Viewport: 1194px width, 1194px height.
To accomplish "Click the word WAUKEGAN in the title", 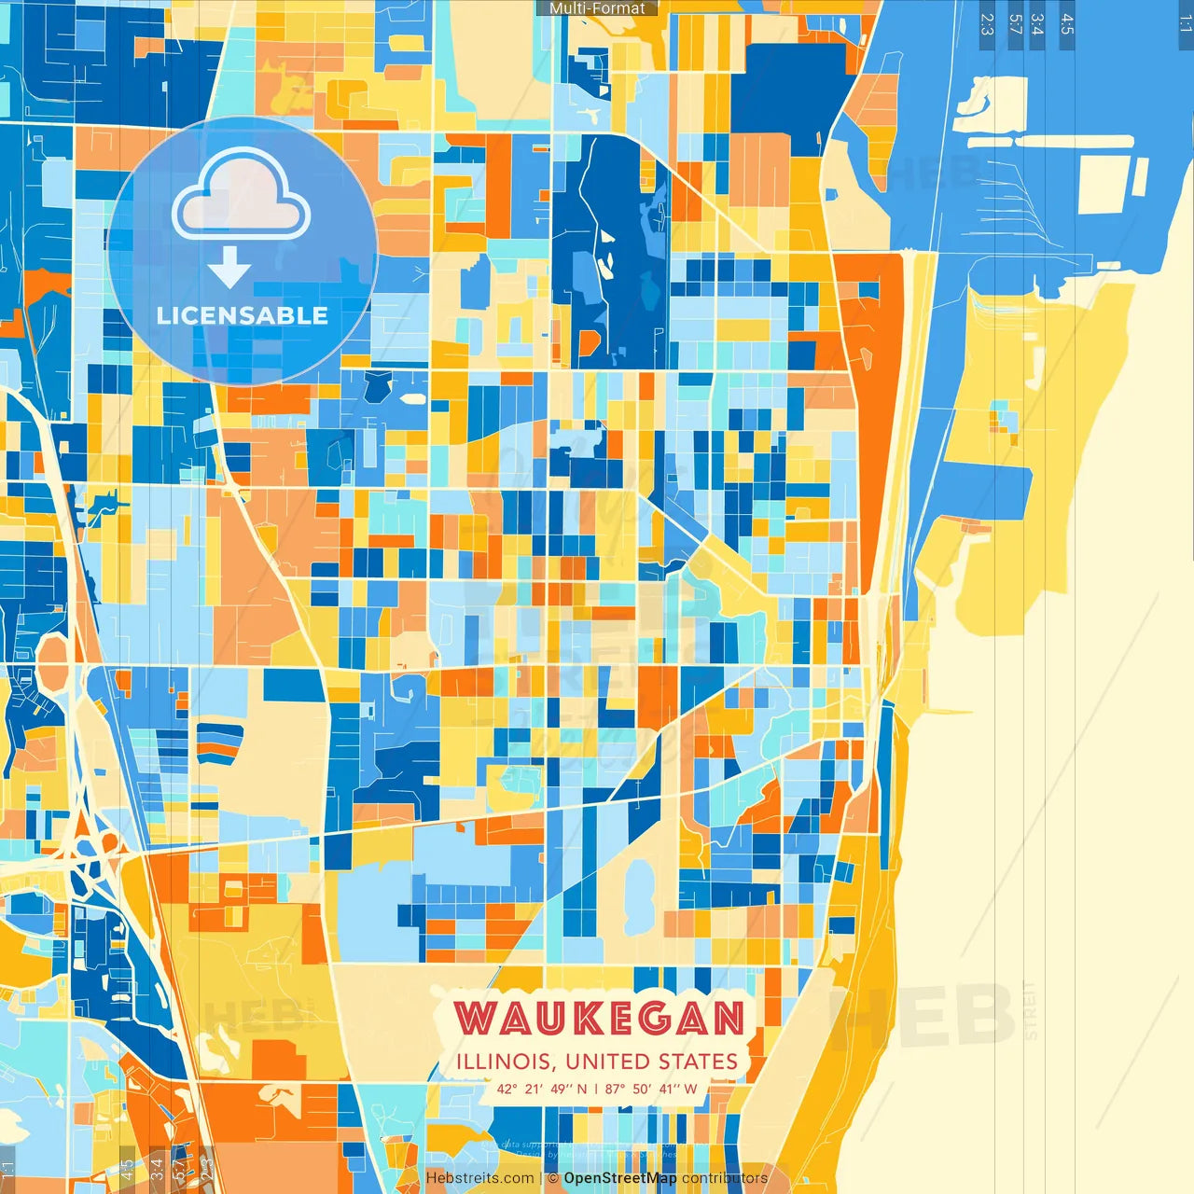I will [x=600, y=1018].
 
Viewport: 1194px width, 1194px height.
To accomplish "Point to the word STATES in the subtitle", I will [x=699, y=1062].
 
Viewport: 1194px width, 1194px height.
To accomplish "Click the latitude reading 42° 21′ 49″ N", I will [x=542, y=1089].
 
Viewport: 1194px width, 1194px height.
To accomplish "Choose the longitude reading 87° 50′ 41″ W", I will [x=651, y=1089].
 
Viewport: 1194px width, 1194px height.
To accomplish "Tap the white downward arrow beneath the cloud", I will [x=229, y=268].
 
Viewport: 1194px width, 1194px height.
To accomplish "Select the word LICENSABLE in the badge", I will [x=243, y=315].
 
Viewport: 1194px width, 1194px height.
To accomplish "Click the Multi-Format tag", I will [x=597, y=8].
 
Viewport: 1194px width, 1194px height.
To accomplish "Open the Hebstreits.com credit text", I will [x=480, y=1178].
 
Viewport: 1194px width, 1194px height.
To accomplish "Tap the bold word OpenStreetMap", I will [x=620, y=1178].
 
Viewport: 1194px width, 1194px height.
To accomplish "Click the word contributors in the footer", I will [x=725, y=1178].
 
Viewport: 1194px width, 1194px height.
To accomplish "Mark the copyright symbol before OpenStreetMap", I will [x=553, y=1178].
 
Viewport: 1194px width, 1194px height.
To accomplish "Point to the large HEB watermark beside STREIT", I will [x=923, y=1014].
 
